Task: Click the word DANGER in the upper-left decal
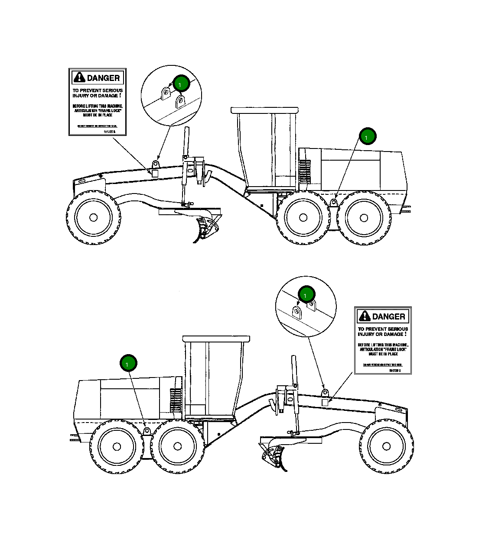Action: (103, 78)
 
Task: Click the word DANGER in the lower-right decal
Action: (388, 316)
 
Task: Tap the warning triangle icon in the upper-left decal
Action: (79, 77)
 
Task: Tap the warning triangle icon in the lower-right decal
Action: (365, 316)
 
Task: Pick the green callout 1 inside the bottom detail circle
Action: (306, 294)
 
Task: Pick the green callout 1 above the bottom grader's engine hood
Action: (128, 363)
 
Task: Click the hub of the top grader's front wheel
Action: (93, 217)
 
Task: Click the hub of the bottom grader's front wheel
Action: (386, 446)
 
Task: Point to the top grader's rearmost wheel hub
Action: (364, 218)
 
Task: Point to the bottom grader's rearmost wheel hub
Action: (116, 446)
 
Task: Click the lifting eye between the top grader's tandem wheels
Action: (334, 203)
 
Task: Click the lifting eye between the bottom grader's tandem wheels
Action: (147, 431)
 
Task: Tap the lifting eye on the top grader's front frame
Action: (155, 164)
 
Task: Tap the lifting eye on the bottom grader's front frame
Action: (325, 393)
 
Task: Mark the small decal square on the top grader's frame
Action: (155, 172)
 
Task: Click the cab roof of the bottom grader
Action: (216, 338)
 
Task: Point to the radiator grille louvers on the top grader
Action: (304, 170)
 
